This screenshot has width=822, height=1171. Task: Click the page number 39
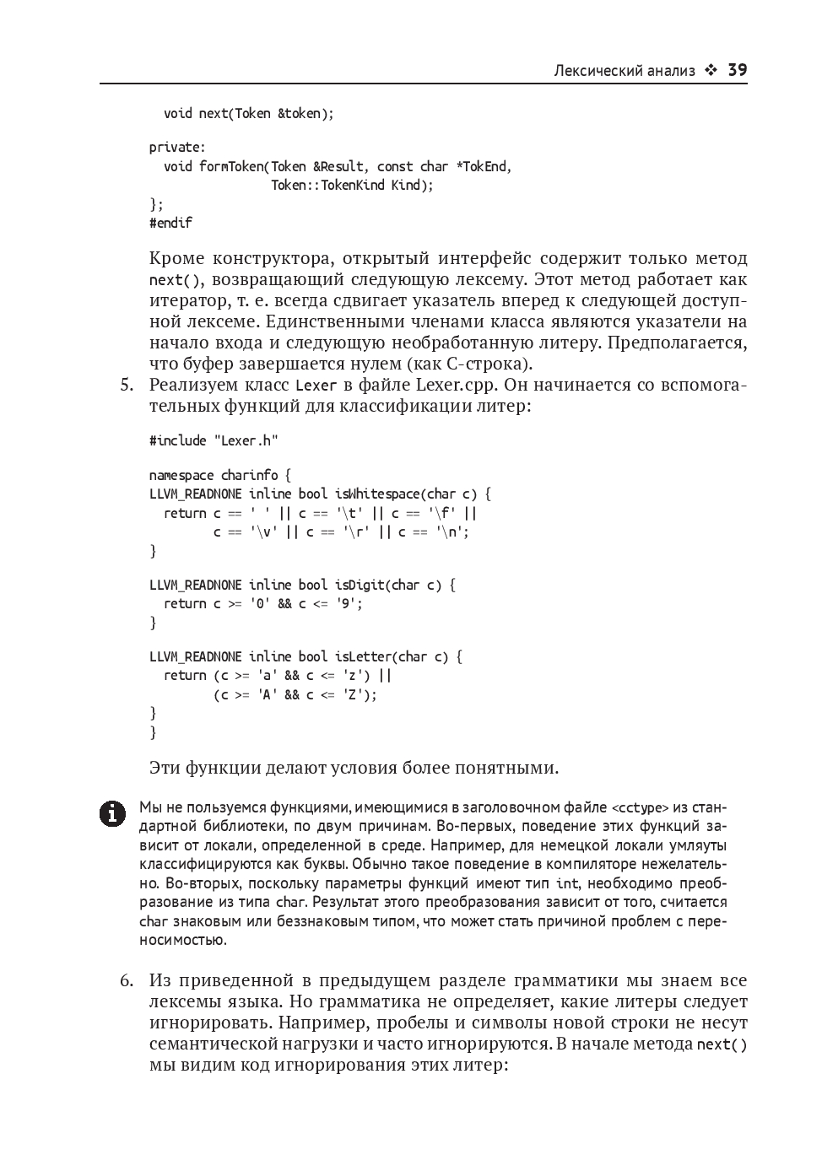(x=737, y=70)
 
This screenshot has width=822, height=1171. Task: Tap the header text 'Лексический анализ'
(x=624, y=71)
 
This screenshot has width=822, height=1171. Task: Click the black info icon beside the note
(x=111, y=813)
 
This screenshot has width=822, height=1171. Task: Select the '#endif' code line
(x=170, y=223)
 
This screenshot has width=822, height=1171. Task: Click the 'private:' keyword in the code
(x=177, y=147)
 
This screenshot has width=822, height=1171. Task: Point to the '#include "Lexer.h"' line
(x=214, y=440)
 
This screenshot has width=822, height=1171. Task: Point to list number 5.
(x=127, y=386)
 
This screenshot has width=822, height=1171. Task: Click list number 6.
(x=127, y=981)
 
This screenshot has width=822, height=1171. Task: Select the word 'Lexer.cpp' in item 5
(x=454, y=386)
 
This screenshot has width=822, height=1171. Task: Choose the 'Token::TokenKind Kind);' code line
(x=351, y=185)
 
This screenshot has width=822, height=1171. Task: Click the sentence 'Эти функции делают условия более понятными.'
(x=354, y=768)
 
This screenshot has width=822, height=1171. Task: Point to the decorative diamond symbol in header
(x=711, y=71)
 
